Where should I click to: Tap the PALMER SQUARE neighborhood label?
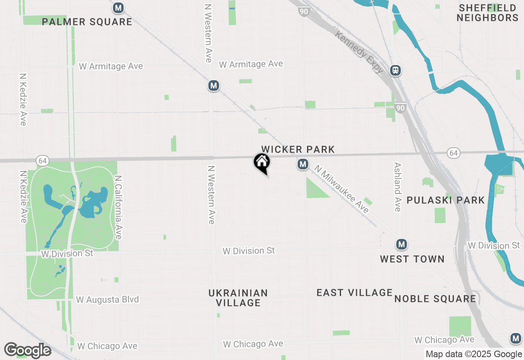(87, 22)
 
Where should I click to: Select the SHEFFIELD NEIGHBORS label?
(488, 13)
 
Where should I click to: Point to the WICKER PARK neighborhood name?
(298, 150)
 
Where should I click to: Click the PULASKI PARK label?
(445, 200)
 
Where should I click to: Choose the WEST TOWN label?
(412, 259)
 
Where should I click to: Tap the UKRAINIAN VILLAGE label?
(238, 298)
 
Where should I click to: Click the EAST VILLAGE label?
(355, 292)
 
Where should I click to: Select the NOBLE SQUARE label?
(435, 299)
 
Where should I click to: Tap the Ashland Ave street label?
(397, 187)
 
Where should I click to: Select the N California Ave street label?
(118, 207)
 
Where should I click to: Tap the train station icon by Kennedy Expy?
(395, 70)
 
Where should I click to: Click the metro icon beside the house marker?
(303, 164)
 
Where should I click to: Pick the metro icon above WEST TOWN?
(402, 245)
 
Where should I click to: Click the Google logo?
(27, 350)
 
